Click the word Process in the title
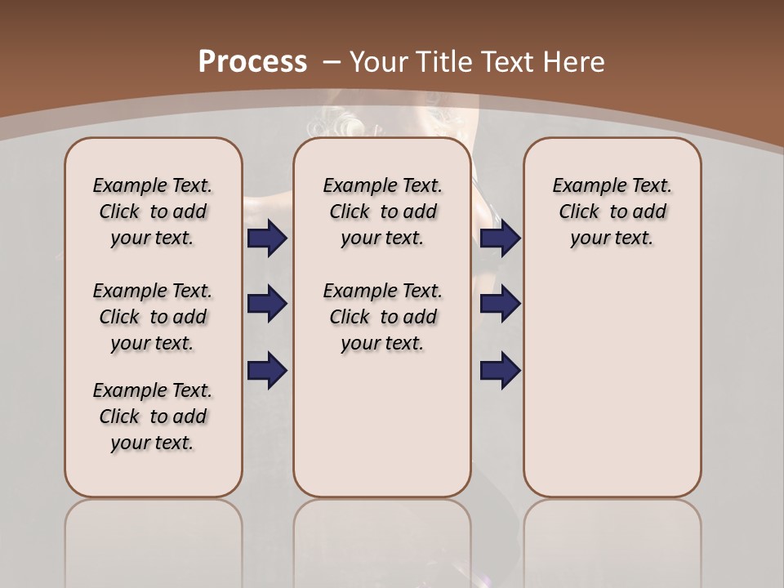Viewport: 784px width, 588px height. [x=252, y=61]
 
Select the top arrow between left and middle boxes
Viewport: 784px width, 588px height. [x=267, y=238]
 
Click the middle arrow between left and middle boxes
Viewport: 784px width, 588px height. [x=267, y=304]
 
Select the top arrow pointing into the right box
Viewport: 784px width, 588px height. [x=501, y=238]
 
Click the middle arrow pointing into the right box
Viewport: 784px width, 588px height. [x=501, y=304]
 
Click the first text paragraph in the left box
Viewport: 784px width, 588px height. [x=153, y=212]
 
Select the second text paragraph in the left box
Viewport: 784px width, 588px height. [x=153, y=317]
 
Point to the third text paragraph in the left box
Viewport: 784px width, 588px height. [x=153, y=416]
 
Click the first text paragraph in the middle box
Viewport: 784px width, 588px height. [x=382, y=212]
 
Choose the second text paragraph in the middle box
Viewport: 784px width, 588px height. [x=382, y=317]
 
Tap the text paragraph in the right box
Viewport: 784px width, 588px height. [x=612, y=212]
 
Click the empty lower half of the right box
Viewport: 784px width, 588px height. [x=612, y=392]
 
